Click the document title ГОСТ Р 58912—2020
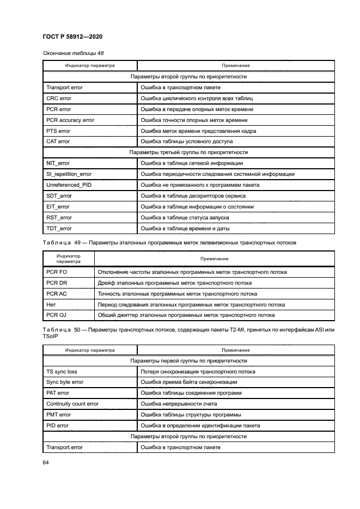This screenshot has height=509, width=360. coord(72,36)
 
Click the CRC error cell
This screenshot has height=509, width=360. coord(59,99)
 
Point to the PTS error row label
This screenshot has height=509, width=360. coord(58,131)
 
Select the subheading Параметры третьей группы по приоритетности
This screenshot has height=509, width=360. coord(188,152)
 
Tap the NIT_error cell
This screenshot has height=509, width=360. coord(59,163)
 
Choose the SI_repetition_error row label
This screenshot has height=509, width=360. coord(69,174)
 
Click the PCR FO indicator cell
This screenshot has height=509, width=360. coord(57,272)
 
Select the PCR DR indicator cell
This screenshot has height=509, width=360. coord(57,283)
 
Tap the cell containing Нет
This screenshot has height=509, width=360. coord(52,305)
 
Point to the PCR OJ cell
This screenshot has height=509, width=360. coord(57,316)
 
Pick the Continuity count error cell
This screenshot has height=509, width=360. coord(72,404)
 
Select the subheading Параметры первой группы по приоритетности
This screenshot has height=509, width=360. coord(188,361)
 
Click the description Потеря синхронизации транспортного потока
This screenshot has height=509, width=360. coord(198,372)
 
